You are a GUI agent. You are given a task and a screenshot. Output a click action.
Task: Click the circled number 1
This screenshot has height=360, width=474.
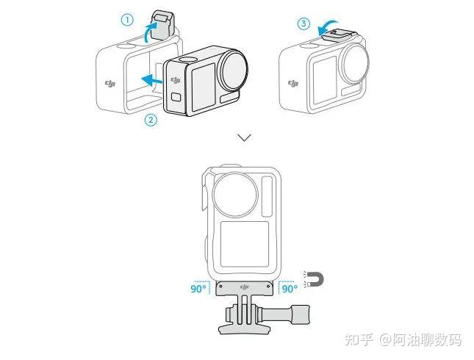click(127, 21)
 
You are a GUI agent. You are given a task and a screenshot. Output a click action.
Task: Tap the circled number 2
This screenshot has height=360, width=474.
click(151, 120)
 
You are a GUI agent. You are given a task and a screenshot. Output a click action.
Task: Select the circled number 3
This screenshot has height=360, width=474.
click(304, 24)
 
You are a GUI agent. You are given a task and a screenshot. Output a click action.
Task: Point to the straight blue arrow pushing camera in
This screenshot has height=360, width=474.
click(152, 80)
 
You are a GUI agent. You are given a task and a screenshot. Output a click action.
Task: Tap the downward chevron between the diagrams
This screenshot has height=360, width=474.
click(244, 138)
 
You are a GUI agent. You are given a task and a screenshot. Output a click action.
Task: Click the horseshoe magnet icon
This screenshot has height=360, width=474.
click(315, 280)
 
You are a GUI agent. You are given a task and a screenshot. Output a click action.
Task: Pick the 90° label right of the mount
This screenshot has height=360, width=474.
click(290, 289)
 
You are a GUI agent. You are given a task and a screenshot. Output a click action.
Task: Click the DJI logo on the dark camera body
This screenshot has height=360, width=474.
click(176, 80)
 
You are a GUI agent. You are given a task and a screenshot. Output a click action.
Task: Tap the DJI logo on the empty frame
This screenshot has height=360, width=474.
click(110, 83)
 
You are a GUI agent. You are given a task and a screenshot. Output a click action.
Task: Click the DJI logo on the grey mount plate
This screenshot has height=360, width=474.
click(244, 287)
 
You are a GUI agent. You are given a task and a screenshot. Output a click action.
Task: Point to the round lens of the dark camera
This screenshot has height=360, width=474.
click(235, 70)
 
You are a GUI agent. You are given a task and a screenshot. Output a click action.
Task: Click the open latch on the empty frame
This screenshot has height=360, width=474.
click(162, 25)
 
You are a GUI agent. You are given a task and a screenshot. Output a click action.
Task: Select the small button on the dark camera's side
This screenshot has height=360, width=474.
click(176, 97)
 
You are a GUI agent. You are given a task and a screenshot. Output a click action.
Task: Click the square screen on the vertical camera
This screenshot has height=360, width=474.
click(245, 244)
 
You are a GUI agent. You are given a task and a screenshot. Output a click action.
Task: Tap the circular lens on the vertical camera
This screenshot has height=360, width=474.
click(235, 195)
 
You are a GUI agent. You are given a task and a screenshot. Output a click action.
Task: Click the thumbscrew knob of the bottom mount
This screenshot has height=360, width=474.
click(300, 314)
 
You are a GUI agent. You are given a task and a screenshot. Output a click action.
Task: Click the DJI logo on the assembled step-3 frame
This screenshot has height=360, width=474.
click(293, 83)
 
